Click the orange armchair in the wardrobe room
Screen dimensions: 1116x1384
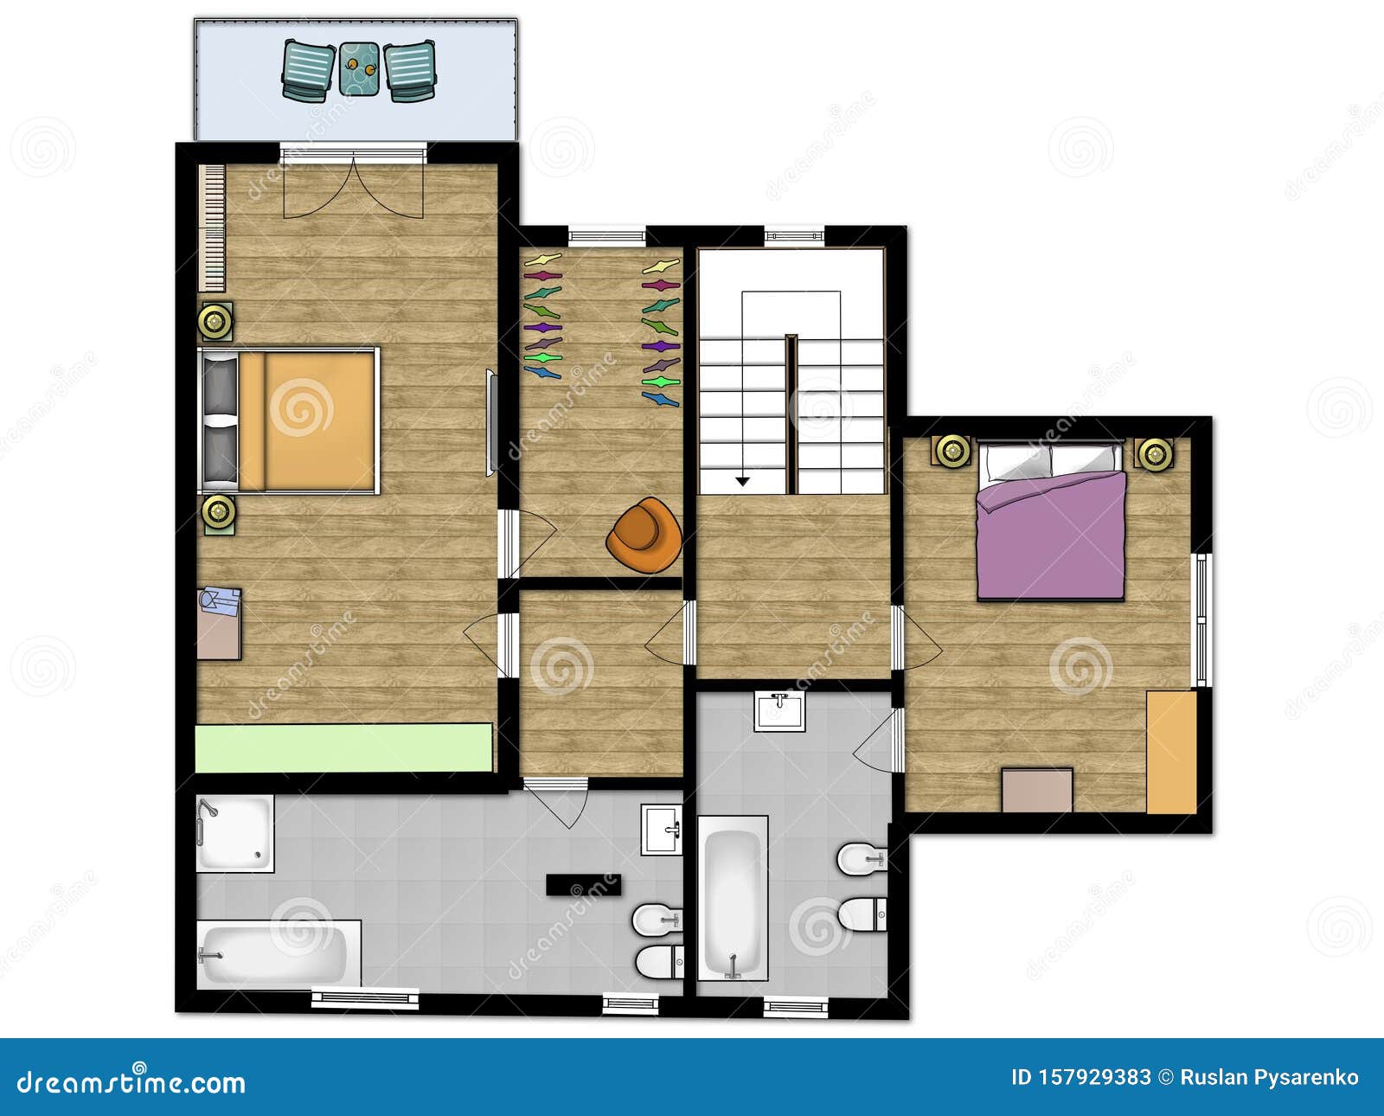(x=644, y=536)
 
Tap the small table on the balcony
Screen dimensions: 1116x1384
(x=358, y=68)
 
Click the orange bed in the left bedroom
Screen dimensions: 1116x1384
(x=307, y=420)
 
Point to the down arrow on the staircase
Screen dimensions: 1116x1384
(x=742, y=480)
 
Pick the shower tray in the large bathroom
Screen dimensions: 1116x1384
(x=234, y=833)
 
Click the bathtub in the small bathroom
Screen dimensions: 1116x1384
(x=733, y=899)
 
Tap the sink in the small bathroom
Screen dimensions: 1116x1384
(x=779, y=711)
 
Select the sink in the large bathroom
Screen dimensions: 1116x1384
(x=662, y=830)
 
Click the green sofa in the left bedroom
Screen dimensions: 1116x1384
(x=343, y=747)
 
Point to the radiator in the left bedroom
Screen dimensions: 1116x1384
(x=212, y=228)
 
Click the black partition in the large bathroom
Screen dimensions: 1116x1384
(x=581, y=884)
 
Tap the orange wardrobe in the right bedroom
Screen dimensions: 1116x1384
(x=1171, y=752)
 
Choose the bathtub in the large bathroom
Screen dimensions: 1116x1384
(x=278, y=954)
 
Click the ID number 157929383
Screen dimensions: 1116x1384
(x=1080, y=1078)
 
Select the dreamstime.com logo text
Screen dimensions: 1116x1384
(x=131, y=1081)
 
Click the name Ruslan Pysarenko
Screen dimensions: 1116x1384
(x=1269, y=1078)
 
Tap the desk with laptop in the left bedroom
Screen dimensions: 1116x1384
(x=219, y=624)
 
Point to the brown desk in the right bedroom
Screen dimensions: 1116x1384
(x=1037, y=790)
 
